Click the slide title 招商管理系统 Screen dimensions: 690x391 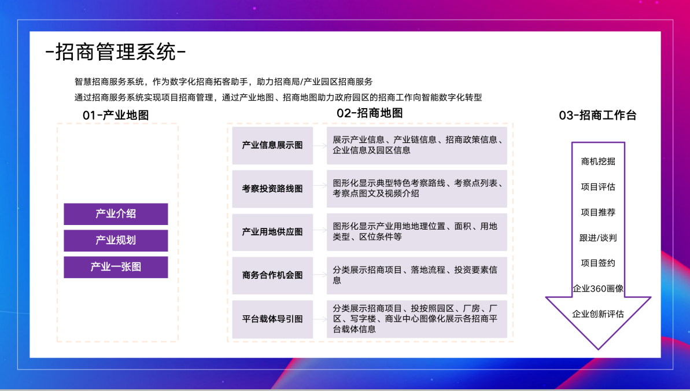[x=116, y=53]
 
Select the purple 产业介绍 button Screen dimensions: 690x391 [x=116, y=214]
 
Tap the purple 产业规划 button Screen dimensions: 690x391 [x=116, y=241]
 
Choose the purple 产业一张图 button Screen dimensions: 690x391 [x=116, y=267]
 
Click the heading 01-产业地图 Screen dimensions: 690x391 [x=116, y=115]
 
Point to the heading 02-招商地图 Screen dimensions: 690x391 [x=370, y=113]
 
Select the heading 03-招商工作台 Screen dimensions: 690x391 [x=597, y=115]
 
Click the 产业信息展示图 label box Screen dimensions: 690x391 [x=272, y=145]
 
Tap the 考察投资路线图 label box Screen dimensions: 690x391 [x=272, y=189]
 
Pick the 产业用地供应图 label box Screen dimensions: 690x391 [x=272, y=232]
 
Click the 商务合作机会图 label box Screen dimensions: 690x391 [x=272, y=275]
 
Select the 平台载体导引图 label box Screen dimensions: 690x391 [x=272, y=319]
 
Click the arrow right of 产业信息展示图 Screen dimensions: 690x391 [x=320, y=145]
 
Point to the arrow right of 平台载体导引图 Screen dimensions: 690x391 [x=320, y=319]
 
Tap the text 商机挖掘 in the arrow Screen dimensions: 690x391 [x=598, y=161]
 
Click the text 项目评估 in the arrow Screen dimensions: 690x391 [x=598, y=187]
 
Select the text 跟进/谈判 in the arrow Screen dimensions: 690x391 [x=598, y=238]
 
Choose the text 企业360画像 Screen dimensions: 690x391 [x=598, y=289]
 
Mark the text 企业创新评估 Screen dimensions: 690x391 [x=598, y=314]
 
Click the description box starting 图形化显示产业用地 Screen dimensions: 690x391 [x=416, y=232]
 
